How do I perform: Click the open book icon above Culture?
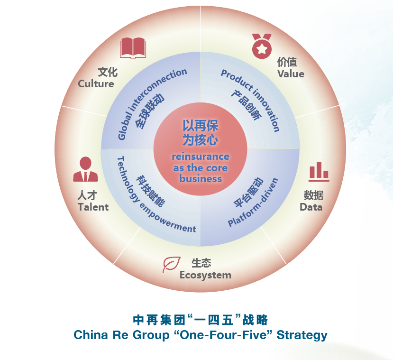(133, 47)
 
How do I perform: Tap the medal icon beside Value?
(261, 46)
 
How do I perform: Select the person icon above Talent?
(85, 169)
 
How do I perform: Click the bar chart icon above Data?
(319, 172)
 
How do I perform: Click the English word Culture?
(96, 84)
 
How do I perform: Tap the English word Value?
(291, 74)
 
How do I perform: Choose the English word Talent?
(93, 207)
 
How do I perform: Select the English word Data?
(311, 207)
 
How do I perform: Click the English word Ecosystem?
(205, 275)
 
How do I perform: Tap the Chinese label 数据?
(313, 195)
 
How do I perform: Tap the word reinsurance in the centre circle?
(200, 157)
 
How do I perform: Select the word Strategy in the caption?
(302, 335)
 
